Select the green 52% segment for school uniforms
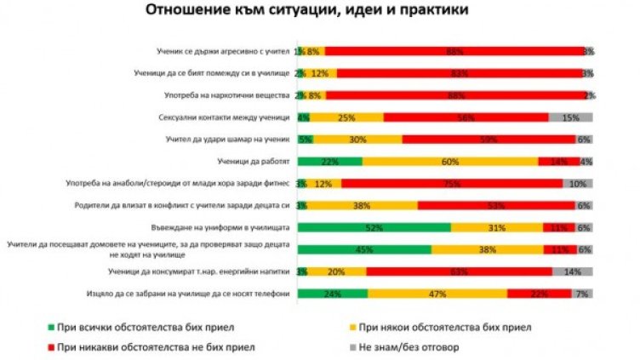[374, 227]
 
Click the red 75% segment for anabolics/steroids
[451, 183]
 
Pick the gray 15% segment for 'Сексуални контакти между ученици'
[570, 117]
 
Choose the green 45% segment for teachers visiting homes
[363, 249]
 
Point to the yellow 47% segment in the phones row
[437, 294]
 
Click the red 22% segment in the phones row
[539, 294]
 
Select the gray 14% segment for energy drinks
[573, 271]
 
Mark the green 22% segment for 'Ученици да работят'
[329, 161]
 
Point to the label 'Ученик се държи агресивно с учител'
[219, 51]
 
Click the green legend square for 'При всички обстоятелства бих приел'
[54, 325]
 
